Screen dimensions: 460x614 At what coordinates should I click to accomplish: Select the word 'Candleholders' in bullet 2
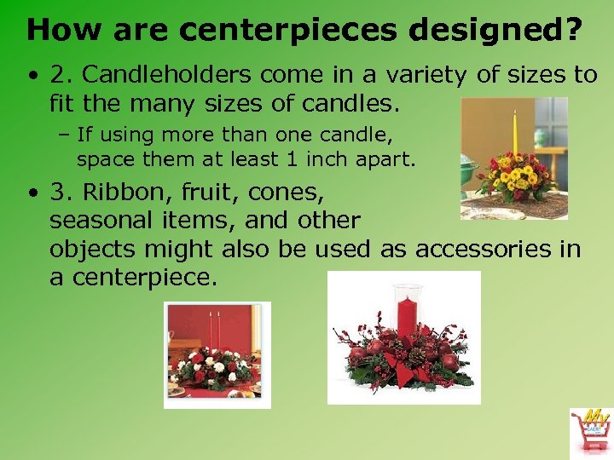click(164, 75)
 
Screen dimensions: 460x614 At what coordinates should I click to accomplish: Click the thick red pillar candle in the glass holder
click(407, 316)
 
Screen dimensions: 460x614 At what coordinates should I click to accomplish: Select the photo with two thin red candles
click(217, 354)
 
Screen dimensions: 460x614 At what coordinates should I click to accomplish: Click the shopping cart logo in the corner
click(591, 431)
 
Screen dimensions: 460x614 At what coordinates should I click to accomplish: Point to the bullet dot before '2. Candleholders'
click(31, 76)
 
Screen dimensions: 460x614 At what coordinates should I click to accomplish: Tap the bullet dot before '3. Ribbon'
click(31, 192)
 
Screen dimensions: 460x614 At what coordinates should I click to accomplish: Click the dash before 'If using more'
click(65, 135)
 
